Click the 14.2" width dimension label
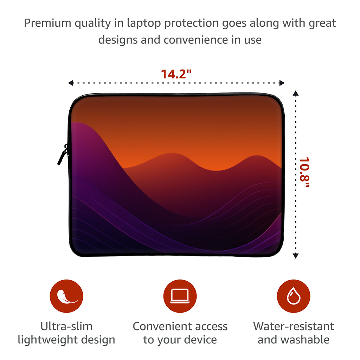(176, 74)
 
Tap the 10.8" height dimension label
(305, 172)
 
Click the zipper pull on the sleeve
(63, 154)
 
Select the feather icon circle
(66, 296)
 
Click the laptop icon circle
(180, 296)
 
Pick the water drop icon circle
(294, 296)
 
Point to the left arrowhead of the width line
(70, 83)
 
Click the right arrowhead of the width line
(282, 83)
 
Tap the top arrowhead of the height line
(296, 93)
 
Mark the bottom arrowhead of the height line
(296, 256)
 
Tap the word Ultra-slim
(66, 326)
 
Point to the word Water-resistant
(294, 326)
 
